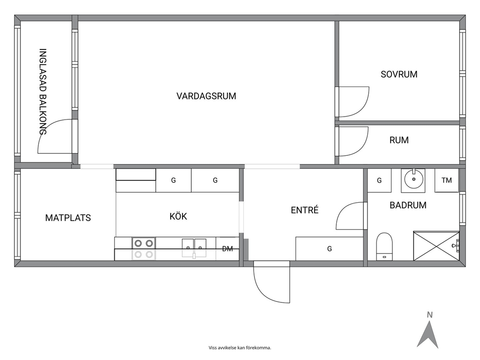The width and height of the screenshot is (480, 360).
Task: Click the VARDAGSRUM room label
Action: coord(206,96)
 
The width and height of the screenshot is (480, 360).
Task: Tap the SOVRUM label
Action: coord(399,75)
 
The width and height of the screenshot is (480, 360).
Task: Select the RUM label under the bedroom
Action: coord(399,140)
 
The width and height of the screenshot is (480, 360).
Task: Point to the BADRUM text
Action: coord(408,205)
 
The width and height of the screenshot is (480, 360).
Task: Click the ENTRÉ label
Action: coord(304,210)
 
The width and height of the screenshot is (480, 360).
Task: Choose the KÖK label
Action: coord(178,216)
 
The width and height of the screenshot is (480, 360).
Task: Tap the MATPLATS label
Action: coord(68,218)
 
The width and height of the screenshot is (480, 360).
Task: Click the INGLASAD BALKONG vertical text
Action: coord(43,91)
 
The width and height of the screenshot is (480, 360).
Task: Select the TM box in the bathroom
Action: coord(447,180)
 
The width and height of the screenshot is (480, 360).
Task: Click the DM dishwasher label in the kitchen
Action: coord(227,249)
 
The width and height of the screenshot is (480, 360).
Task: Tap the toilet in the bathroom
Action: coord(384,247)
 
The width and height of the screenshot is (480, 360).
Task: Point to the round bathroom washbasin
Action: coord(413,180)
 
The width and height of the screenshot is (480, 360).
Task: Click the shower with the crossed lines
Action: coord(436,246)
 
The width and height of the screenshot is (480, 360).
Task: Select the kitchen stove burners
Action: coord(144,249)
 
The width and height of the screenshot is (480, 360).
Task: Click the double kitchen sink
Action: coord(194,247)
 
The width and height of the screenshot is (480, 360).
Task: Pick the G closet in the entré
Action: coord(330,249)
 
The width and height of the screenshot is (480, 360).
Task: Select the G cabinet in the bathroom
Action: coord(379,180)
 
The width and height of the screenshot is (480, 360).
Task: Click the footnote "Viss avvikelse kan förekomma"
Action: coord(240,348)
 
